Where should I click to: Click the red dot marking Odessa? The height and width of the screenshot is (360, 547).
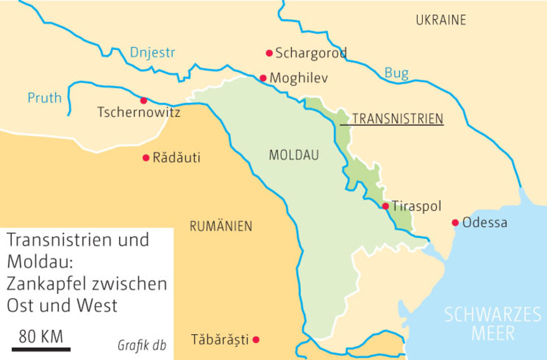point(455,223)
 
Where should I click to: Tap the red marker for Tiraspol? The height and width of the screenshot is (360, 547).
point(386,207)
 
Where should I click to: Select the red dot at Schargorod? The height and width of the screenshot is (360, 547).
point(269,53)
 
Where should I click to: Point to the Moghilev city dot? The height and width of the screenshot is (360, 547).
point(263,78)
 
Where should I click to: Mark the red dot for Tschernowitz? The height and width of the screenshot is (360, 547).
point(143,100)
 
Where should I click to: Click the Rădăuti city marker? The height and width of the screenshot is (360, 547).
point(146,157)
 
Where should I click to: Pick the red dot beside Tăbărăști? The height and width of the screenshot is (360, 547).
point(256,340)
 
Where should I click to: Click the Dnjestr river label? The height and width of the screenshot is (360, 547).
point(152,53)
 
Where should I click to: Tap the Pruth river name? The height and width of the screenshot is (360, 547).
point(45,98)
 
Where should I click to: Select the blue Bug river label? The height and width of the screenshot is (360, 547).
point(396,72)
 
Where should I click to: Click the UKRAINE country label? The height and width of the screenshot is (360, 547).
point(441,21)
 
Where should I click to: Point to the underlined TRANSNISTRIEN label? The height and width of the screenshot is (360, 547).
point(397,119)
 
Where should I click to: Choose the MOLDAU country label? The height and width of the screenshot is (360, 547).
point(294,155)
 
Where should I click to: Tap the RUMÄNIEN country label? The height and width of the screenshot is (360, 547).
point(221,227)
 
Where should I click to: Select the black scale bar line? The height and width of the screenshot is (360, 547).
point(41,349)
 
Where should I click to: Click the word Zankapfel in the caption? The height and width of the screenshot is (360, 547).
point(49,283)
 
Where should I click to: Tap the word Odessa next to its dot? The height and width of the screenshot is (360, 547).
point(484,223)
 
